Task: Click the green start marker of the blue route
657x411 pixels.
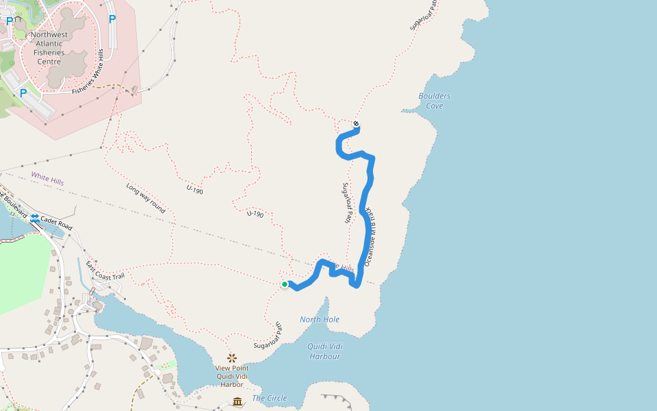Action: pos(285,284)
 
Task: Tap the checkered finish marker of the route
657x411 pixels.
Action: pos(357,124)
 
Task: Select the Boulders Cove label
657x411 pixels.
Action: pos(435,101)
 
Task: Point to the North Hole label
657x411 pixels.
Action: pos(320,319)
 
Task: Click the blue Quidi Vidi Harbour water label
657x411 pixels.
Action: pos(325,351)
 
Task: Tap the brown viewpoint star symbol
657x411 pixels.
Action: pos(231,358)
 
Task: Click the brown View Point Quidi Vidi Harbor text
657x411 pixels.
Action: pos(232,376)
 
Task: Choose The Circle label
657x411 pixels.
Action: pos(270,398)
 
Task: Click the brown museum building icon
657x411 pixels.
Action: pos(237,401)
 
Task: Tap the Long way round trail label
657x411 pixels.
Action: pos(145,198)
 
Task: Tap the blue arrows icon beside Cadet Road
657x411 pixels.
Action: pos(34,218)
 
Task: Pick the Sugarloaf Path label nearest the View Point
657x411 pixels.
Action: pos(269,336)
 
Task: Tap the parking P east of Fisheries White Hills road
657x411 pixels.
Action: pos(112,19)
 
